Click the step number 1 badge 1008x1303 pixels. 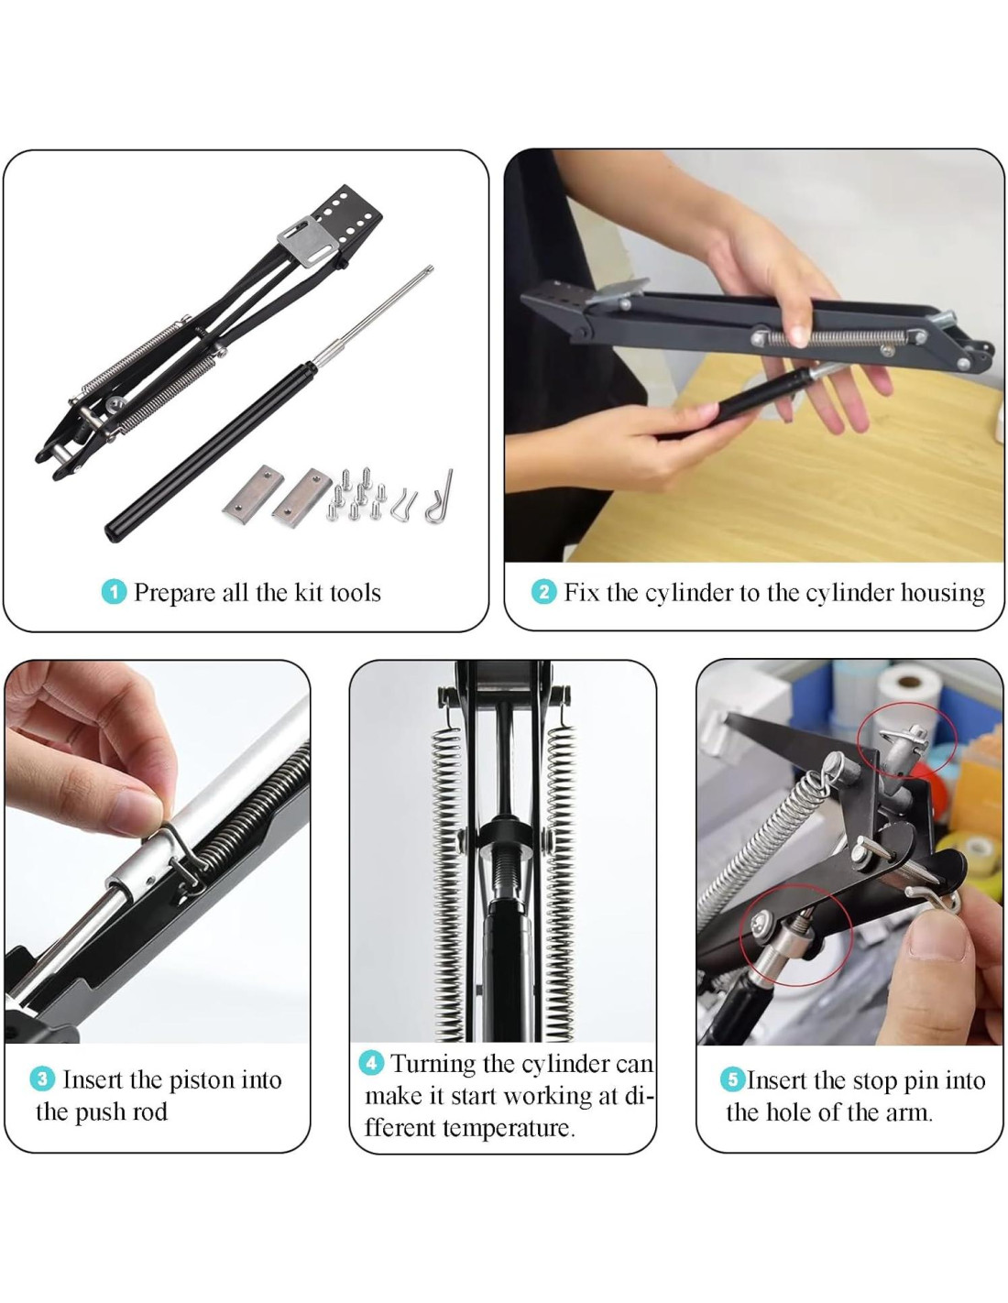point(114,592)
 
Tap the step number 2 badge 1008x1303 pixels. point(543,592)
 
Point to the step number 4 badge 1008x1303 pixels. point(371,1063)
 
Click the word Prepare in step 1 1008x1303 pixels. point(174,593)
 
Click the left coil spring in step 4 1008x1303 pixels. point(448,881)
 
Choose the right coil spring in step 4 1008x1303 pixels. point(561,881)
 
